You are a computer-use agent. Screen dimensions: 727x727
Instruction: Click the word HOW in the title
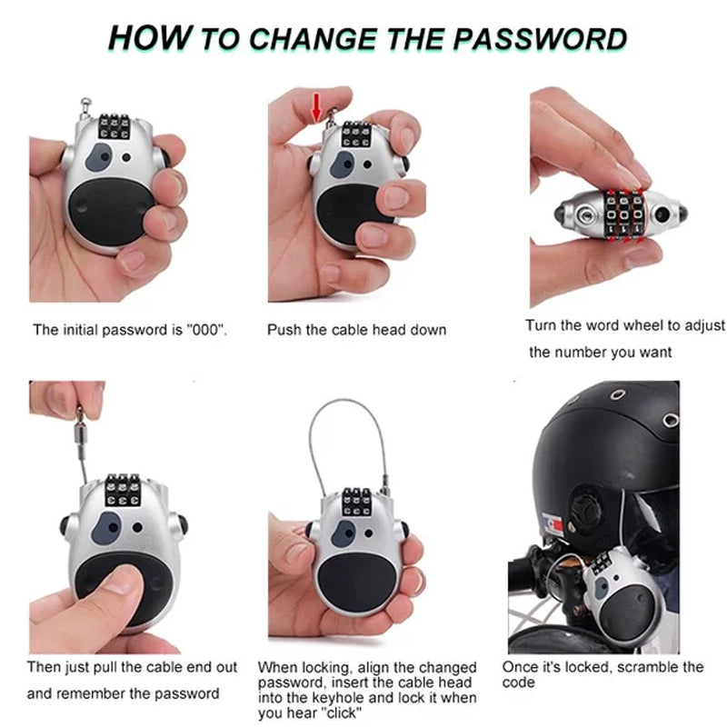coord(150,37)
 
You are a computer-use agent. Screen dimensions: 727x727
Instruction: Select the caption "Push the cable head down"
coord(356,330)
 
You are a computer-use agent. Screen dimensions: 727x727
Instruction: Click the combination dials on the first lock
coord(115,126)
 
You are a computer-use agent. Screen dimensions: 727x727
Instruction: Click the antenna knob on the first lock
coord(85,102)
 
